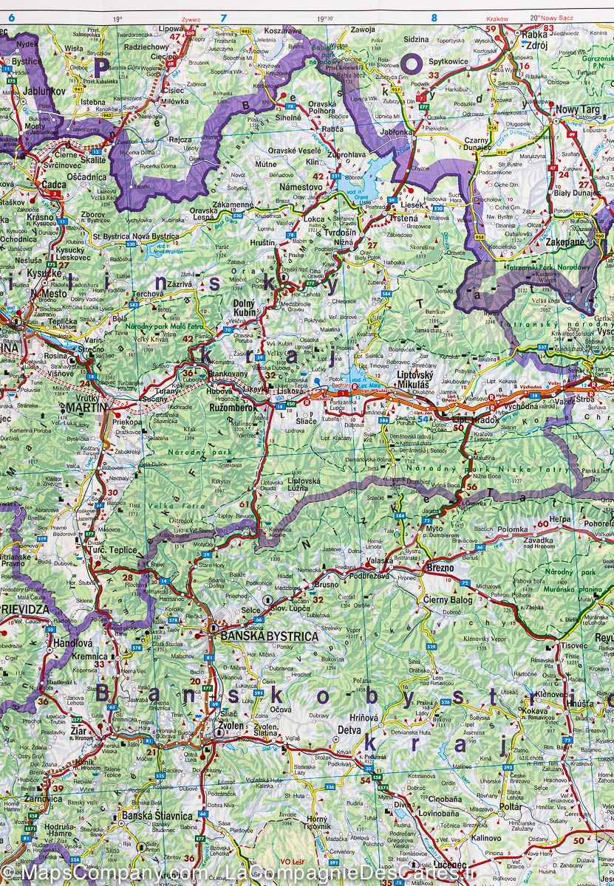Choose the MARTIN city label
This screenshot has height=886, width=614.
84,407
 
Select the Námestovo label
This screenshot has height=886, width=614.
300,188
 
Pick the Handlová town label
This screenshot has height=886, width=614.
72,643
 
